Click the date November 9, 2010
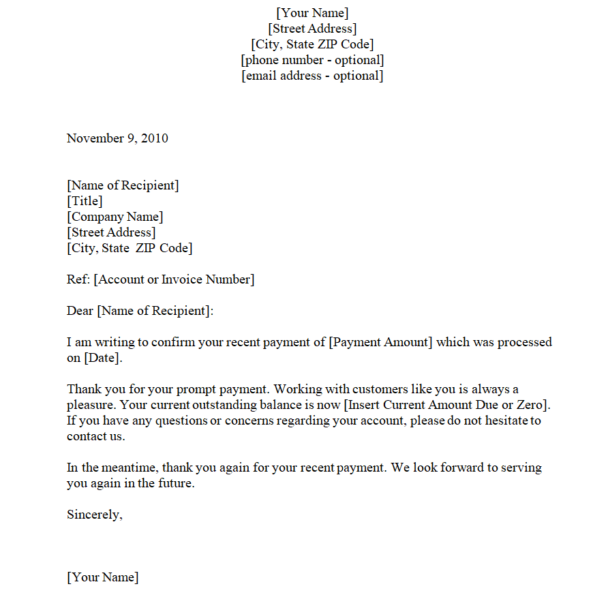click(x=117, y=138)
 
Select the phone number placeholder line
click(x=312, y=60)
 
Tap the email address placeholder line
click(x=312, y=76)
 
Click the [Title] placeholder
click(x=85, y=201)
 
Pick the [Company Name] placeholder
click(x=115, y=217)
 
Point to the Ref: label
click(x=78, y=279)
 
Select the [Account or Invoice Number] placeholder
click(x=174, y=279)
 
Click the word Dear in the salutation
click(x=80, y=311)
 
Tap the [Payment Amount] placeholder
click(x=380, y=342)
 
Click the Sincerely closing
click(x=95, y=515)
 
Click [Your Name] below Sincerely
click(x=103, y=577)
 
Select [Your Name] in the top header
click(x=312, y=13)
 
